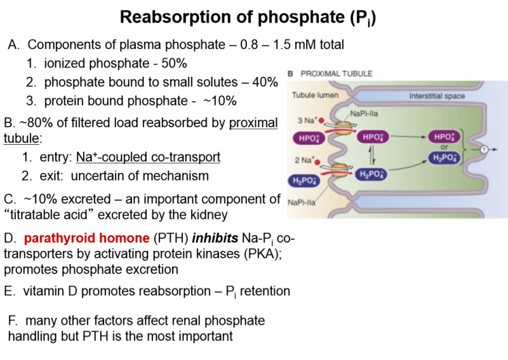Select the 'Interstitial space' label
[x=437, y=97]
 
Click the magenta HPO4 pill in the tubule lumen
[x=310, y=137]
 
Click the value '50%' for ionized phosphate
[x=174, y=64]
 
